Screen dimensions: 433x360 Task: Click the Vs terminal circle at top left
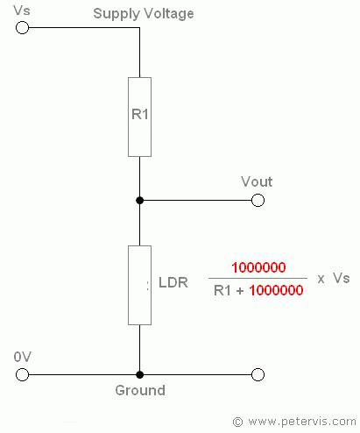(23, 27)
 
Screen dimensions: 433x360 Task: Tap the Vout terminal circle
(258, 200)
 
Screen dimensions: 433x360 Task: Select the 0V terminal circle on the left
(23, 374)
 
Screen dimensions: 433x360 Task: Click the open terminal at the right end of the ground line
(258, 374)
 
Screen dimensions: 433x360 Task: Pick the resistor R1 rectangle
(139, 117)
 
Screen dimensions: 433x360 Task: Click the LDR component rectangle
(139, 285)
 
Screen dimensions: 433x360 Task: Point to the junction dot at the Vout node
(139, 200)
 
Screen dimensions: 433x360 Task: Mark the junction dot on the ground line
(139, 374)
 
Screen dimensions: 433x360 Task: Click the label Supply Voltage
(155, 14)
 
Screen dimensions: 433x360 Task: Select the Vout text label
(257, 181)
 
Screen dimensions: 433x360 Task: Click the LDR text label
(172, 285)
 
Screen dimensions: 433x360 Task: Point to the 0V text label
(23, 357)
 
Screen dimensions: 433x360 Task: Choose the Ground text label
(139, 391)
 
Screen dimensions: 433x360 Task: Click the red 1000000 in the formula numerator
(258, 267)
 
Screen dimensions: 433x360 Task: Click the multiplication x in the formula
(321, 279)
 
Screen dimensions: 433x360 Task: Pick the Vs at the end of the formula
(341, 278)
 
